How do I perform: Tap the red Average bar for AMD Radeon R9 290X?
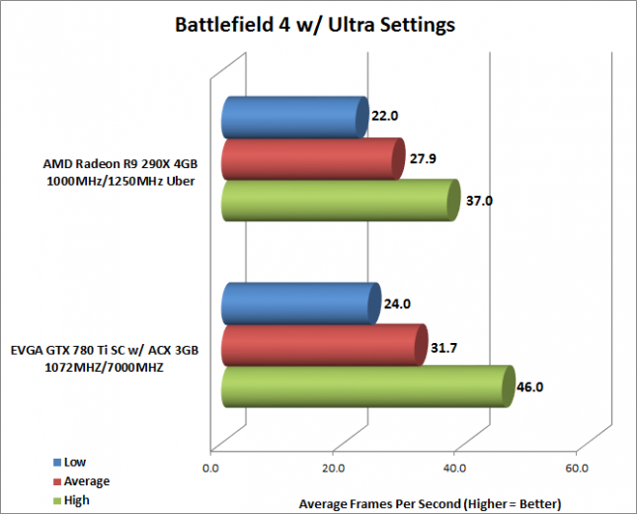[312, 159]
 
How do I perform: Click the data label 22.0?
[385, 116]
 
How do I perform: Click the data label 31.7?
[445, 346]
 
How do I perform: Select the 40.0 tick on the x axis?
[454, 468]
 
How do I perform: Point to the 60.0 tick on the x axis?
[577, 468]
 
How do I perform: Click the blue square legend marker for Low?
[56, 462]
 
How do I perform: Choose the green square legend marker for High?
[56, 500]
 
